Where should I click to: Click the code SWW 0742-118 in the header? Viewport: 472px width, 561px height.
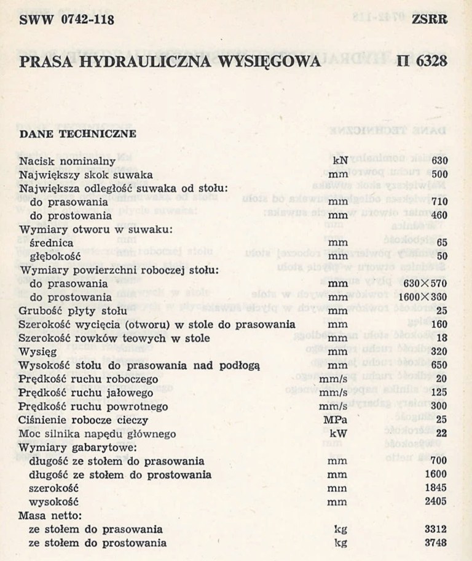click(66, 20)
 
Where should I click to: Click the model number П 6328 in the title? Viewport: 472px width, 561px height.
click(422, 62)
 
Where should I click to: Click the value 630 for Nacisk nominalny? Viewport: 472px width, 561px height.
click(439, 161)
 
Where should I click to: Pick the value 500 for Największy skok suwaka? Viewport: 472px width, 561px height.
click(439, 175)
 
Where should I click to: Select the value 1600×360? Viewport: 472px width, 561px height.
click(425, 297)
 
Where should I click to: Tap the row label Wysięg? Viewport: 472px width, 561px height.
click(38, 352)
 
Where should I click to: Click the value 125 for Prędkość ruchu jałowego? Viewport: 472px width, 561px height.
click(439, 392)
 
